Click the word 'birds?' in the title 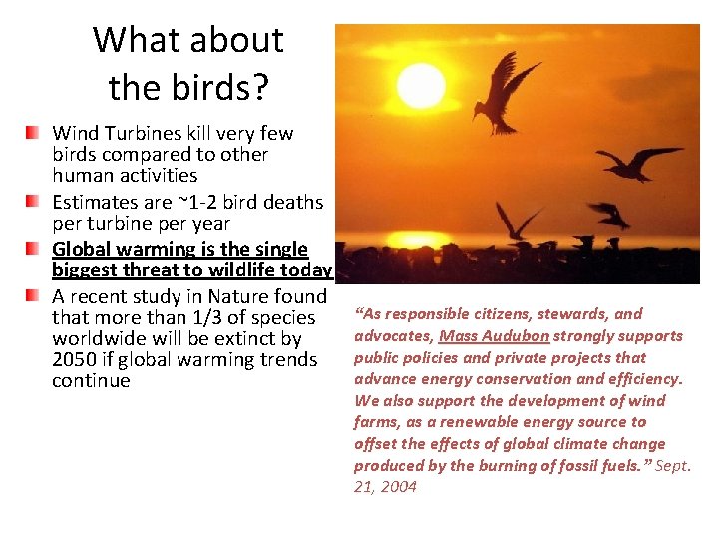coord(227,87)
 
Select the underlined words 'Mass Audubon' coord(494,335)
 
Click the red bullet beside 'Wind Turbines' coord(34,132)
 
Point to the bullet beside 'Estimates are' coord(34,201)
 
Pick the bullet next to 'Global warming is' coord(34,248)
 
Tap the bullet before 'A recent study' coord(34,295)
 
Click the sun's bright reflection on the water coord(419,240)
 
